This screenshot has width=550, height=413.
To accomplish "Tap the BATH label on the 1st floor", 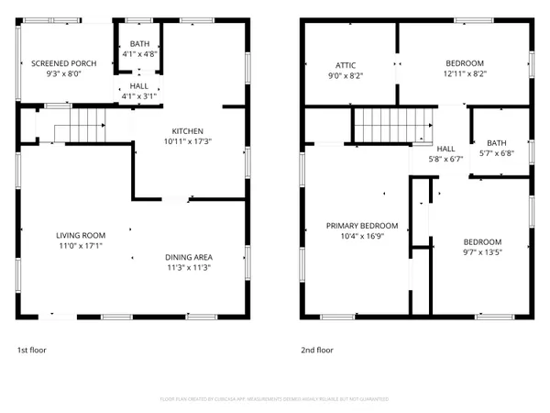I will [139, 44].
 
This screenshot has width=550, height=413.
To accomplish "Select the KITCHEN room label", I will [183, 131].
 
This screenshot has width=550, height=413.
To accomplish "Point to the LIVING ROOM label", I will [81, 235].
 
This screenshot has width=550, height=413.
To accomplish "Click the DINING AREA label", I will [189, 257].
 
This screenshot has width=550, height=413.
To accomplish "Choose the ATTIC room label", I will [345, 65].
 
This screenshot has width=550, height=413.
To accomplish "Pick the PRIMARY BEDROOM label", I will [362, 226].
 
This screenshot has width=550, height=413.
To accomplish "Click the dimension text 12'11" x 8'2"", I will [465, 74].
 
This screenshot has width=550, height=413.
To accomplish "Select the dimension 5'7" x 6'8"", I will [496, 153].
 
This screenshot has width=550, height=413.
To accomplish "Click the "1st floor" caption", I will [31, 350].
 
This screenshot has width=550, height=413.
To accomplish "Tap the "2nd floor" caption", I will [317, 350].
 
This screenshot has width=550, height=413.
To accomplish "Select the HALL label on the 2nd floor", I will [445, 149].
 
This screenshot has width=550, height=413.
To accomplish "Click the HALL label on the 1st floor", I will [139, 84].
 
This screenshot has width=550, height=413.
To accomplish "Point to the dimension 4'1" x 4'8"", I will [139, 54].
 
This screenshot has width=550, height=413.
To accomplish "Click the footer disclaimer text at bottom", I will [274, 399].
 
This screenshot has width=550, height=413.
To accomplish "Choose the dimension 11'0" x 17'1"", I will [81, 245].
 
